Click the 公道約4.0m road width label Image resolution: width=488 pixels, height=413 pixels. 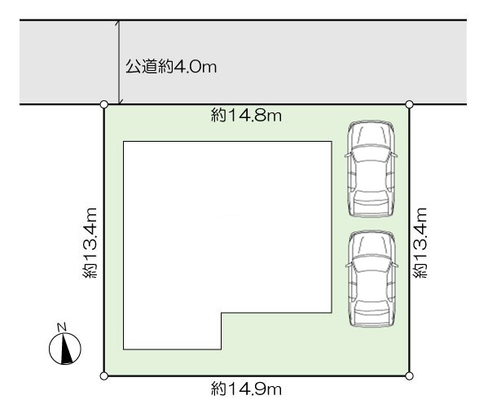171,67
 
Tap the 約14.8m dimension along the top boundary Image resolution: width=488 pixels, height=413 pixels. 246,116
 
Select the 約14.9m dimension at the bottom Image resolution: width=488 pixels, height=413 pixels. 246,389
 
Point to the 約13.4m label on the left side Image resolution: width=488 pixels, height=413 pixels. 90,243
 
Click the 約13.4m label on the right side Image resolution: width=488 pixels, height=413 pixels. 420,243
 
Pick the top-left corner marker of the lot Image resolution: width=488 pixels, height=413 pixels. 104,104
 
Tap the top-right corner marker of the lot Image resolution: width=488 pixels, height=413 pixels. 410,104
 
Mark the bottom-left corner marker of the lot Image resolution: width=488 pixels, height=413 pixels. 104,376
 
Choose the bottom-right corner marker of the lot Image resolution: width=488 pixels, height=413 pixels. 410,376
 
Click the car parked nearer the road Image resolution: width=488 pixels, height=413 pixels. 371,169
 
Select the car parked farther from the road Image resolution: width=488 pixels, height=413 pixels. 371,279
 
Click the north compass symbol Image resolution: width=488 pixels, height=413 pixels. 65,349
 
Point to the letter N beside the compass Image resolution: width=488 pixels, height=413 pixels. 62,327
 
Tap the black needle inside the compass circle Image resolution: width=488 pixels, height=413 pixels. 66,349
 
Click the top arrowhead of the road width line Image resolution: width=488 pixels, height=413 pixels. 117,23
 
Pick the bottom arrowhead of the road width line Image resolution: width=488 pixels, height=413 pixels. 121,102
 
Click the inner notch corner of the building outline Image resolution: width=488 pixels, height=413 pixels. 222,313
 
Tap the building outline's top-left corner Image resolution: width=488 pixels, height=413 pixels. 124,142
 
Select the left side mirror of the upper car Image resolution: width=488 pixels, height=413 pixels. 349,154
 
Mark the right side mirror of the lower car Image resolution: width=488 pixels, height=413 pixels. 394,265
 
